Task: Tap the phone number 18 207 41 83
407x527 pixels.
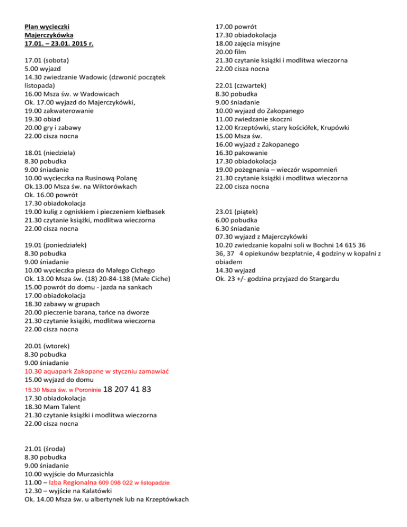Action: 129,389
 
